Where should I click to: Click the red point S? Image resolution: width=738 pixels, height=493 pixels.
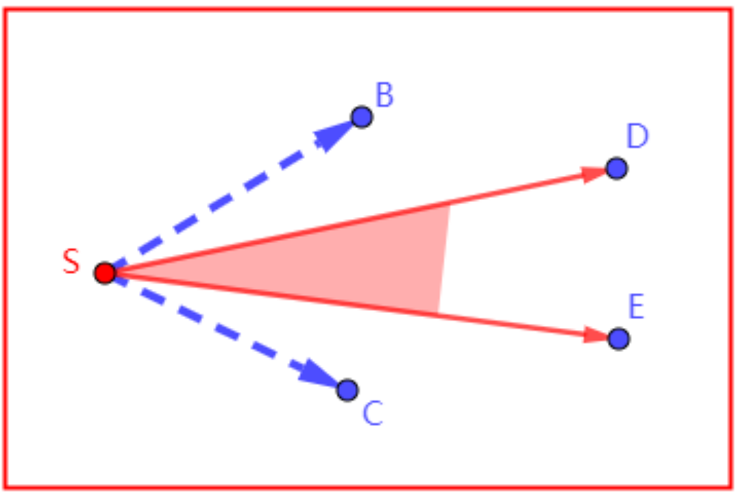pos(105,273)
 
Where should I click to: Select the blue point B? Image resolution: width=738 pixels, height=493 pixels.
pos(361,117)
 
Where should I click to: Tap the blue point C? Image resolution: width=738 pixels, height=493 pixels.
pos(347,390)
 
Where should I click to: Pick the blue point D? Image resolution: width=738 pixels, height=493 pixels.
pos(617,168)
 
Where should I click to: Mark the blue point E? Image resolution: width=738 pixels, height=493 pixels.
pos(618,338)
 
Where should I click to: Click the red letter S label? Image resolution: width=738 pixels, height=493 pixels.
pos(71,262)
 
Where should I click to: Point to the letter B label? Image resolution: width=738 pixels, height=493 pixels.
pos(384,96)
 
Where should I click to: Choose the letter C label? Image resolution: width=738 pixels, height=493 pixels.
pos(372,414)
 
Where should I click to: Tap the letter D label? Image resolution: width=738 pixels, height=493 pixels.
pos(637,137)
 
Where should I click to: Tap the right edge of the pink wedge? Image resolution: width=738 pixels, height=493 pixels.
pos(443,259)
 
